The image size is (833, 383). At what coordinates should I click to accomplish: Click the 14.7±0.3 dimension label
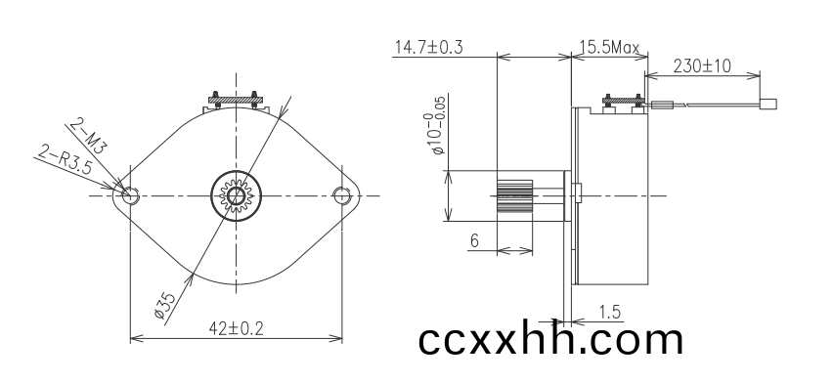[x=428, y=47]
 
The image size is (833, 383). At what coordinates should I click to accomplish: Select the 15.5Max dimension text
[x=609, y=48]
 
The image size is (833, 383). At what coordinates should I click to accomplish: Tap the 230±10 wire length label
[x=702, y=65]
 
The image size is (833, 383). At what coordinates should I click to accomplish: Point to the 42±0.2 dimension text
[x=236, y=329]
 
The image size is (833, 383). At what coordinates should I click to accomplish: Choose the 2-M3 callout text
[x=88, y=136]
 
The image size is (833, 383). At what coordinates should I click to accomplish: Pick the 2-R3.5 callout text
[x=65, y=160]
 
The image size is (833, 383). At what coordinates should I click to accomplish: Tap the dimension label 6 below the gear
[x=474, y=240]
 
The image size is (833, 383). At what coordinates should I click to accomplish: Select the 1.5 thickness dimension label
[x=610, y=312]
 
